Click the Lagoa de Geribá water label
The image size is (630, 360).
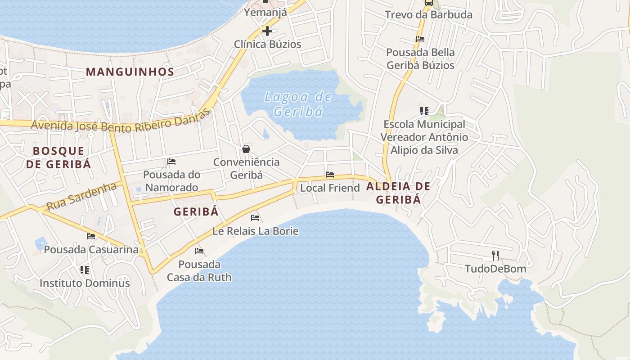click(x=298, y=104)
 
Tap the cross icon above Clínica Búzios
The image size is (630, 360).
click(x=267, y=31)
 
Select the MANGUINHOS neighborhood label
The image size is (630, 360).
click(x=130, y=72)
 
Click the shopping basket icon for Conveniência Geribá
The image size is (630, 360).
click(x=246, y=149)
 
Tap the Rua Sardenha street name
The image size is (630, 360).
click(x=81, y=196)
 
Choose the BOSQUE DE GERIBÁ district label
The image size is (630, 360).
click(x=58, y=157)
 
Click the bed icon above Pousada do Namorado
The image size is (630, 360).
click(x=171, y=162)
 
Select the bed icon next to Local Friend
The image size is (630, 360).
click(x=330, y=175)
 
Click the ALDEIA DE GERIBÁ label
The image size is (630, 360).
click(x=398, y=193)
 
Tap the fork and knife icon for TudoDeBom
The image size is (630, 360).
click(x=495, y=256)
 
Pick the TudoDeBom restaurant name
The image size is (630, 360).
click(x=495, y=269)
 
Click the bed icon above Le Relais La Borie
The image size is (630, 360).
click(x=255, y=218)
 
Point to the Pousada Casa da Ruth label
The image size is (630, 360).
click(x=199, y=270)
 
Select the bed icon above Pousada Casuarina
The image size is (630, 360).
click(x=91, y=236)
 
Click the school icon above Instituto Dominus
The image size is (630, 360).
click(x=84, y=270)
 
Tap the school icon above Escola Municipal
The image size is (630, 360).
click(x=424, y=111)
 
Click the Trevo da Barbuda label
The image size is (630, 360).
click(x=428, y=14)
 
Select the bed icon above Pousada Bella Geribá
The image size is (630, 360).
click(x=420, y=39)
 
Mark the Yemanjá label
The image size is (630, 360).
click(x=265, y=12)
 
